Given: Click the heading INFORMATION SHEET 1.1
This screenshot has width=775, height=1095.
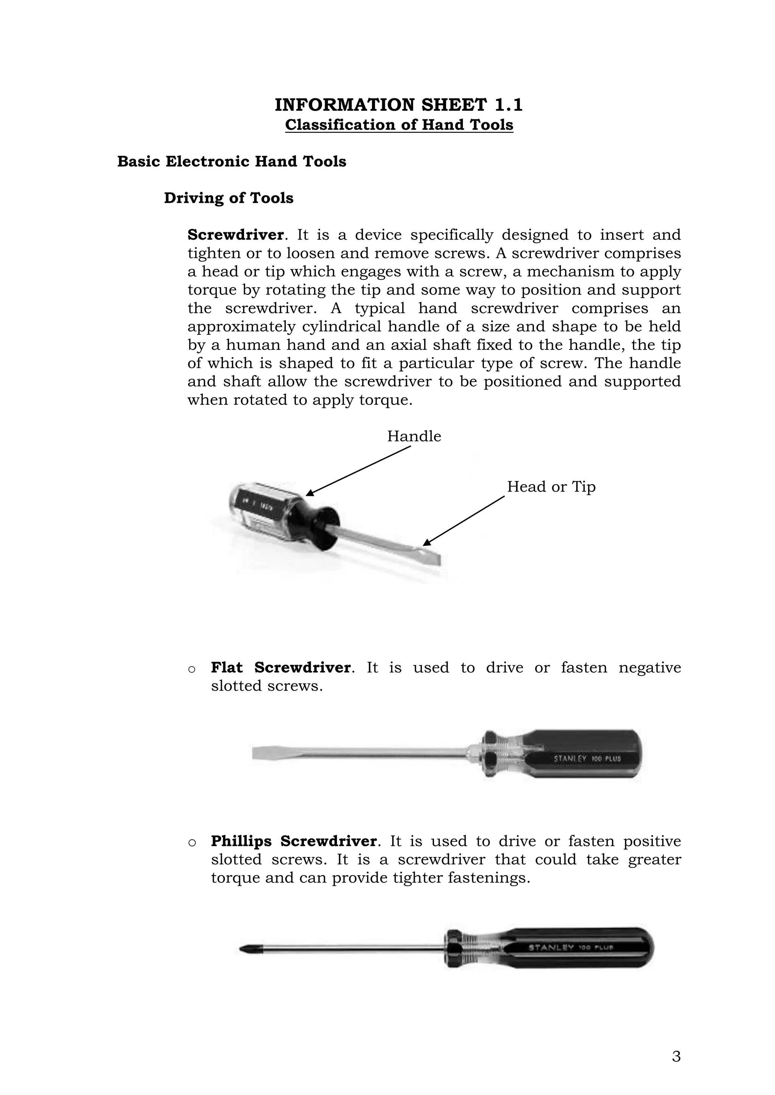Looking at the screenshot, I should point(398,105).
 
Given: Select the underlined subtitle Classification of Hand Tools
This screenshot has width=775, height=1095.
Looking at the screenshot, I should point(398,125).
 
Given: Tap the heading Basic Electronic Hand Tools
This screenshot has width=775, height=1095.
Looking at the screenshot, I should point(232,162).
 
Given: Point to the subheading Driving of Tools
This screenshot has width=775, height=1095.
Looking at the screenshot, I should point(229,198).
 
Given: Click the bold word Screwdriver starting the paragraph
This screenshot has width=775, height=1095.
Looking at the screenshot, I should point(235,235).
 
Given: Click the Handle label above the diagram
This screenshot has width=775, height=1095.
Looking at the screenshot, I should point(414,436).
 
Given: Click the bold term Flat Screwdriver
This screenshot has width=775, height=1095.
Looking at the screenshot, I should point(281,667).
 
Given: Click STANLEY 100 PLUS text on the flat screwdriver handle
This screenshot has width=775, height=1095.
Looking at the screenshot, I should point(587,758).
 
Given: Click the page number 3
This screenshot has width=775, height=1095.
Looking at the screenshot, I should point(676,1056).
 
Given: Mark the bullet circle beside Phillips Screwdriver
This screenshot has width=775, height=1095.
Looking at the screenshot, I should point(192,843).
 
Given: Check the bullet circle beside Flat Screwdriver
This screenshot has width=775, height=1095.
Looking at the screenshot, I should point(192,669).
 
